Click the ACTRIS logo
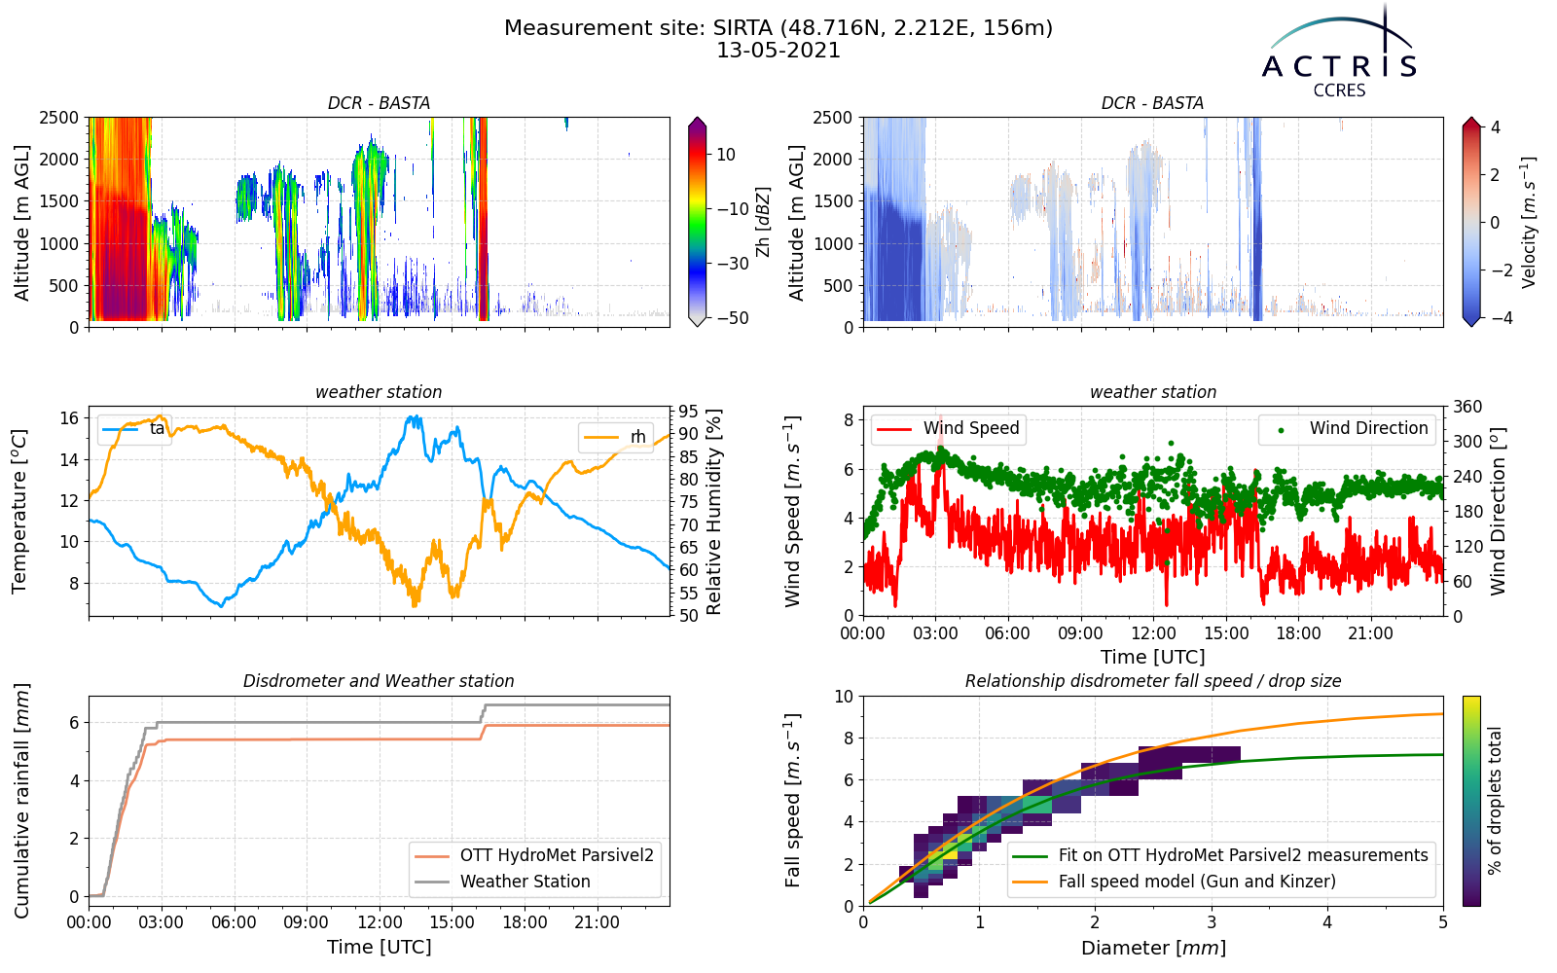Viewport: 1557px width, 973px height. (1339, 53)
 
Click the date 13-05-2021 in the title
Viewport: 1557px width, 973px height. (778, 51)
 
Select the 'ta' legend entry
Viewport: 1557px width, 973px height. (133, 429)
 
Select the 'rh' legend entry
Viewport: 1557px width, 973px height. (615, 437)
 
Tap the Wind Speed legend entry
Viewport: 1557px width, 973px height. (948, 428)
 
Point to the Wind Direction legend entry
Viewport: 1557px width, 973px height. (1344, 428)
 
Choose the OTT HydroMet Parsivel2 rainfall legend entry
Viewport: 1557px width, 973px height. (534, 855)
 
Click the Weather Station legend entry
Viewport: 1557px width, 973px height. (502, 882)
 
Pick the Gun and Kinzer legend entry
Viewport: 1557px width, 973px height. (1174, 882)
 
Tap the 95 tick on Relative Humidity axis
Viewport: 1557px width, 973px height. (688, 412)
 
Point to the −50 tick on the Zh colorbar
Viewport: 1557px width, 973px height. (733, 318)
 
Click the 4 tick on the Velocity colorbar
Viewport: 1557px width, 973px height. (1495, 127)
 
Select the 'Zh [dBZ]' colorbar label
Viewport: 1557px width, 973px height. (763, 222)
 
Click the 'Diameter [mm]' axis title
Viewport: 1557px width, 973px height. (1153, 948)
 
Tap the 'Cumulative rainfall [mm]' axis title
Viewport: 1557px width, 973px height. (21, 801)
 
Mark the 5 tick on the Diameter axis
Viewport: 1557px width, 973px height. (1443, 922)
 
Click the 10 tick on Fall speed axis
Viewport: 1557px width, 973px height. (843, 696)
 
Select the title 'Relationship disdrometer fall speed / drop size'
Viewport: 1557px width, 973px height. (1153, 681)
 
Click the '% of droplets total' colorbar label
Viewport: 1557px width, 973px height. (1495, 801)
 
